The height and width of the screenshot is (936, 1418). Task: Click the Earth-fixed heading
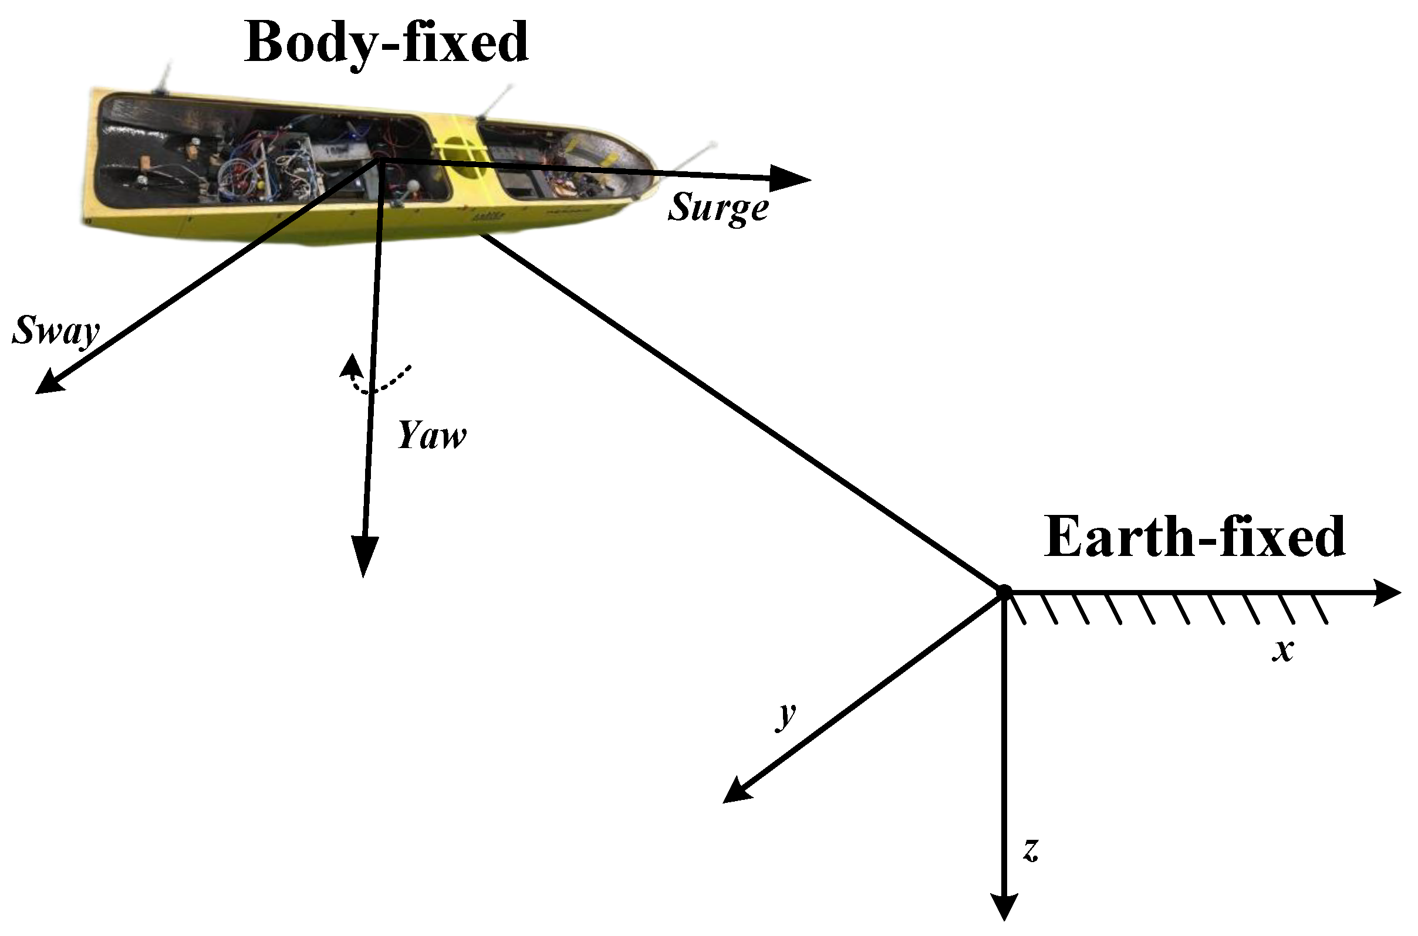(x=1194, y=537)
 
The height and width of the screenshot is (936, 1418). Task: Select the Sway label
(x=55, y=330)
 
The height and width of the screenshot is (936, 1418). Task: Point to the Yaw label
(x=431, y=435)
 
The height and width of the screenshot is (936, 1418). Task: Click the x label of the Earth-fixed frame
(x=1282, y=650)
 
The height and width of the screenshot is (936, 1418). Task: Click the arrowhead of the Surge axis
(x=791, y=178)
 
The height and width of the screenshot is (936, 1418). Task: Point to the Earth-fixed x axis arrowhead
(x=1386, y=593)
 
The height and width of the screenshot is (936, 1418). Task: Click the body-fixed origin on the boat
(x=379, y=160)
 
